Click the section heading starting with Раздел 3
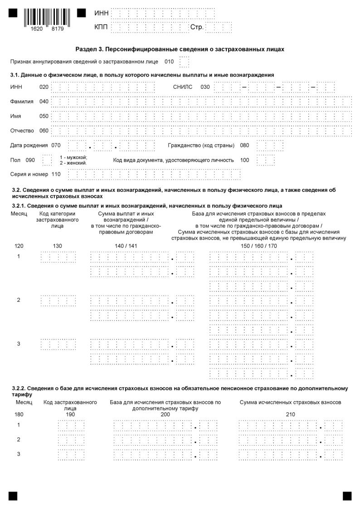point(180,49)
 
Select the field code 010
point(169,61)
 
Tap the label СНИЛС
point(183,87)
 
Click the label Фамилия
point(22,102)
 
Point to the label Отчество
point(22,131)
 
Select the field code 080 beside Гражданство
point(245,145)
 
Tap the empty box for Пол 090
point(46,160)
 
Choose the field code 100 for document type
point(245,160)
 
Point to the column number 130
point(58,246)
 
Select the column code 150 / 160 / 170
point(258,246)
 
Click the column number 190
point(70,414)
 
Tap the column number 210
point(290,414)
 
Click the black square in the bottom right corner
point(347,495)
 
